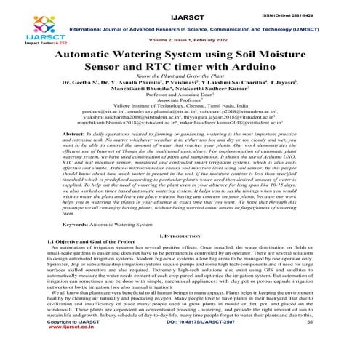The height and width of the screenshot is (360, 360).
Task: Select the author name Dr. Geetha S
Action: pos(86,95)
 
